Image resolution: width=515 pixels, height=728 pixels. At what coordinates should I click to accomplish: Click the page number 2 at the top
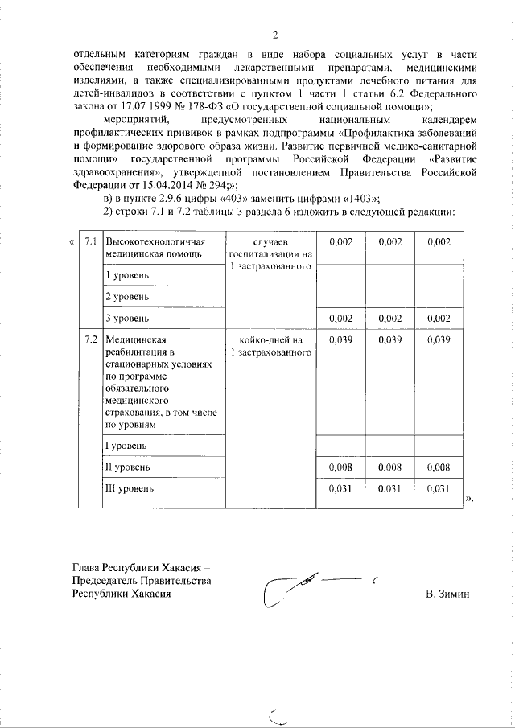[274, 35]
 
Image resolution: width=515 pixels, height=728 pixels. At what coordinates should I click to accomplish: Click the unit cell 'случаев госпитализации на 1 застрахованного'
[270, 254]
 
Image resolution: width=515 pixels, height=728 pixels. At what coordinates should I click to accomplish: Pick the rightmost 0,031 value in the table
[438, 487]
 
